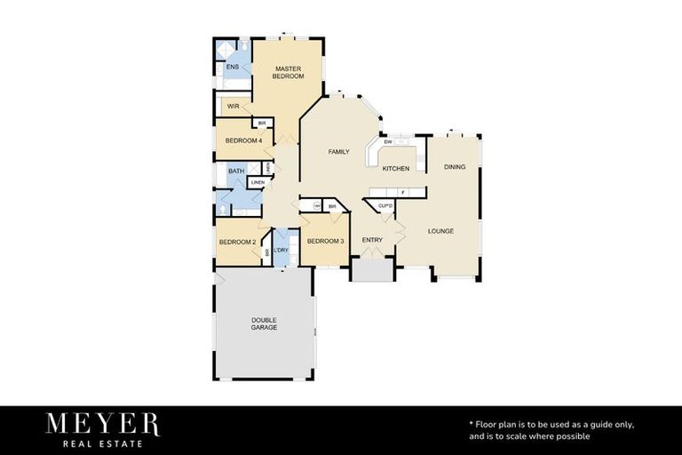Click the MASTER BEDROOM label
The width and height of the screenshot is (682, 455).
[x=289, y=72]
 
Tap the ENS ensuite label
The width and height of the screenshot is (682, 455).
[x=232, y=68]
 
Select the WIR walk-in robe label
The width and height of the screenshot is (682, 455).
[x=234, y=106]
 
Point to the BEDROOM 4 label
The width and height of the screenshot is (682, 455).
[x=242, y=140]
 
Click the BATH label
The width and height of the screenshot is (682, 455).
[x=235, y=171]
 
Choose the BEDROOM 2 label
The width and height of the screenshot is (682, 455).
[x=237, y=242]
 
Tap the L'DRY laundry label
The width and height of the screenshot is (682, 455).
[x=282, y=250]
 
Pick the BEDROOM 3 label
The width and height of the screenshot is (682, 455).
[x=325, y=241]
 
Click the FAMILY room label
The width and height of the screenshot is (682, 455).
[x=338, y=152]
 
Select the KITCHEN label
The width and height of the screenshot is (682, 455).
[x=395, y=168]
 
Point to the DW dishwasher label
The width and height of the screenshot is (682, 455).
[x=388, y=142]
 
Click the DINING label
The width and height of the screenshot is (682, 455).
[x=454, y=167]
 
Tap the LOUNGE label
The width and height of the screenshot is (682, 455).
[x=440, y=231]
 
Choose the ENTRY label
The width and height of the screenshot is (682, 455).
[x=372, y=240]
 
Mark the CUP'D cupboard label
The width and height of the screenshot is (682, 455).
[x=385, y=206]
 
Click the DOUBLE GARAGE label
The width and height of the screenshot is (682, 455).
[x=264, y=323]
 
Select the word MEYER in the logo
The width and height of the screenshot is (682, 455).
[x=103, y=424]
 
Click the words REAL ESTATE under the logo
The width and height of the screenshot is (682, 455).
[x=103, y=443]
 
